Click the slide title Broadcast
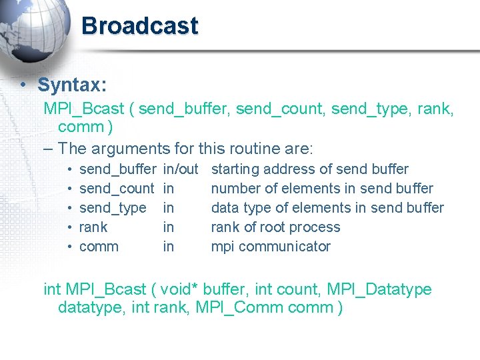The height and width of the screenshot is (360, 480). coord(139,26)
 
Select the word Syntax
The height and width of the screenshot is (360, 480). coord(71,85)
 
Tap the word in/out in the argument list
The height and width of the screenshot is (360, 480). coord(181,169)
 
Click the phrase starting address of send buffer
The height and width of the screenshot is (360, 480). coord(309,169)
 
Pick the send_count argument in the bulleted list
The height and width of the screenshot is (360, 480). coord(117,189)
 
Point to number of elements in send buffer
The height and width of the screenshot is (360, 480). coord(322,189)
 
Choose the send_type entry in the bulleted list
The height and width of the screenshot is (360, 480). coord(113,208)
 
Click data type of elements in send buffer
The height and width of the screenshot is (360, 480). coord(327,208)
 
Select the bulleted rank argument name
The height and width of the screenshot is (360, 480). coord(93,227)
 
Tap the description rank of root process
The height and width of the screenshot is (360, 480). coord(275,227)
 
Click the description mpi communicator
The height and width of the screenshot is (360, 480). coord(271,247)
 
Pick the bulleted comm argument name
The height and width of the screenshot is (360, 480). coord(99,247)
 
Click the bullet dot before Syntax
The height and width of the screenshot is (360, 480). coord(23,85)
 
